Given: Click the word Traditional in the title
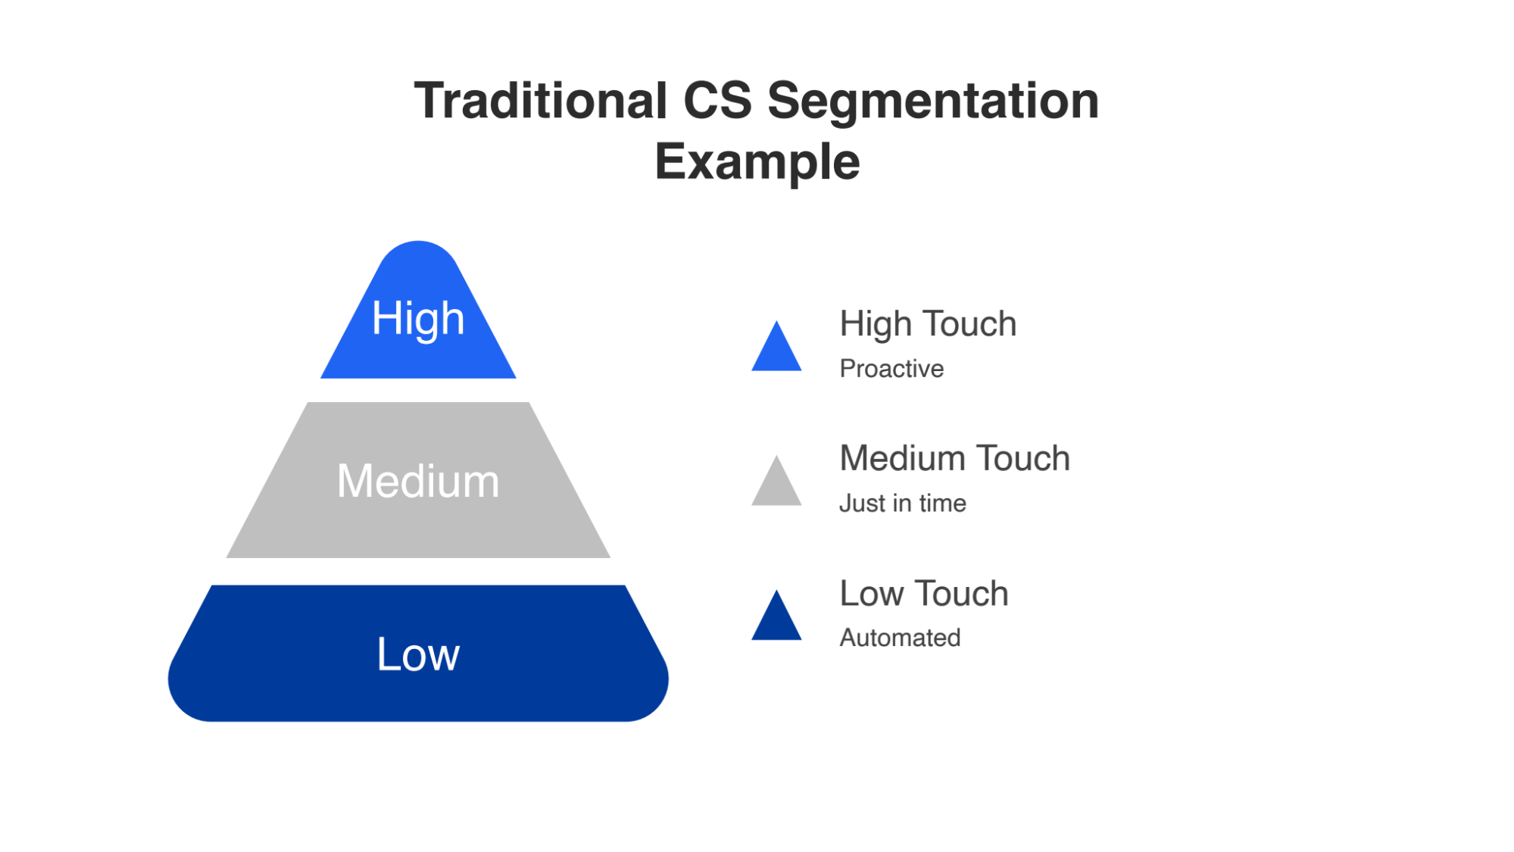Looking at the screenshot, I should pos(540,101).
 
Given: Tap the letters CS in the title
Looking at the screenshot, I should pos(717,101).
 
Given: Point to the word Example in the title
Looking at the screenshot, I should pos(757,161).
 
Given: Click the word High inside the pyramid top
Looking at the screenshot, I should pos(417,318).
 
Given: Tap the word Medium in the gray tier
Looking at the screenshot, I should pos(418,481).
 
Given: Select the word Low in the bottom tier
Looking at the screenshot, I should pos(418,654).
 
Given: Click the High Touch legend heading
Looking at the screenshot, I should pos(928,324).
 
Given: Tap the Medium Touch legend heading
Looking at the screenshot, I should pos(954,459).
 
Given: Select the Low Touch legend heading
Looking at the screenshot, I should pos(924,594).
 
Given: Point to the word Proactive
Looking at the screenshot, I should pos(891,369).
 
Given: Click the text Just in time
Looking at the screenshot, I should pos(902,504).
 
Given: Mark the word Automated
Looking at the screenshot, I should pos(900,638).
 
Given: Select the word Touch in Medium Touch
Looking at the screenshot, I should pos(1022,459).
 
